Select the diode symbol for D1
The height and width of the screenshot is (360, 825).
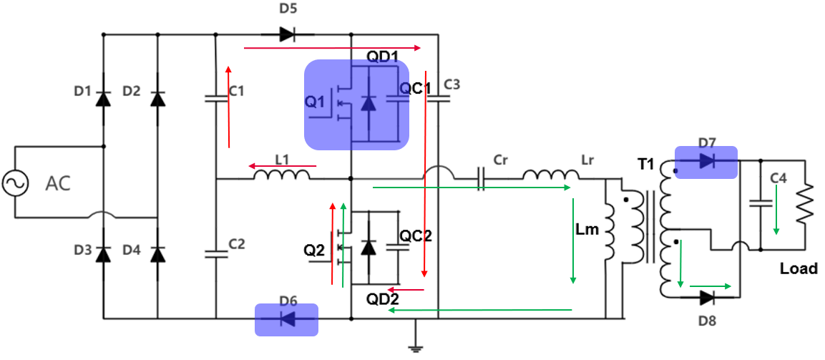point(104,99)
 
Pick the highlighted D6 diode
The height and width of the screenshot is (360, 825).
point(287,318)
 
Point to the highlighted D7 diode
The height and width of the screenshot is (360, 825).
point(706,162)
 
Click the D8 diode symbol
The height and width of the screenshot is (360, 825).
point(706,297)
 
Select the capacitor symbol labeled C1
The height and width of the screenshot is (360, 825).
point(215,99)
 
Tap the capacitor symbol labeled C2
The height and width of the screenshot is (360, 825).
point(215,253)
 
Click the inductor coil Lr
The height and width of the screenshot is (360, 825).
point(550,175)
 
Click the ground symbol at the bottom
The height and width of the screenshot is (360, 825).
point(414,349)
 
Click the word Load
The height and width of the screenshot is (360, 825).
point(799,268)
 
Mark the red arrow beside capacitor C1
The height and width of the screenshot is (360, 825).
point(228,107)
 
